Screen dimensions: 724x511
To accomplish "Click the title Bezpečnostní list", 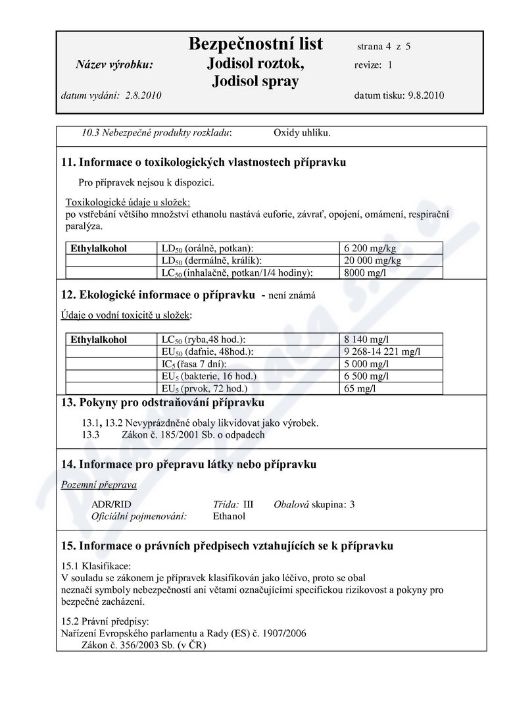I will pos(255,44).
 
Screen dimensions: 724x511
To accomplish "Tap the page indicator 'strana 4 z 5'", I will pos(384,47).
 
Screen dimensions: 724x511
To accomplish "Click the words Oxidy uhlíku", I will pos(302,132).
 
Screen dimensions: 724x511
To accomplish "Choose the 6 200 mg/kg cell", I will pos(369,248).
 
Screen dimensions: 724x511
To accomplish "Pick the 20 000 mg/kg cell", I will pos(372,260).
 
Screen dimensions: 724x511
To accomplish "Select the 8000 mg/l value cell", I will pos(365,272).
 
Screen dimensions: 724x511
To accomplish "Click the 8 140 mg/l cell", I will pos(366,340).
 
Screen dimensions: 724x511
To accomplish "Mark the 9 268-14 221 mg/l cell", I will pos(382,351).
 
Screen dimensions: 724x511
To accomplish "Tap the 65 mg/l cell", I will pos(359,388).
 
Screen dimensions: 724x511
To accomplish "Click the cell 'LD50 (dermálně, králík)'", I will pos(207,260).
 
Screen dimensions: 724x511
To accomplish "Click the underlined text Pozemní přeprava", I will pos(99,485).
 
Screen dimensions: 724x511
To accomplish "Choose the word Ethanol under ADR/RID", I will pos(229,517).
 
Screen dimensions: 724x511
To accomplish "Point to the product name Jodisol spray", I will pos(255,81).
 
